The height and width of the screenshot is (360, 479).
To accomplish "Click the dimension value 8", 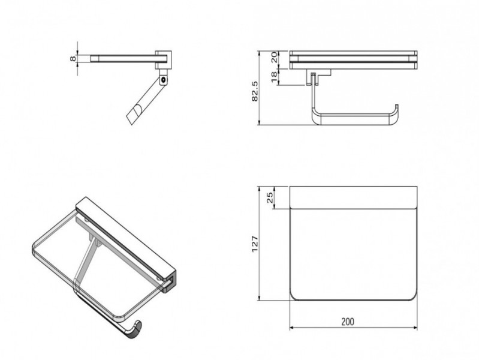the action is click(73, 58).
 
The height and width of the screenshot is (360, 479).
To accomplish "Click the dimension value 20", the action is click(274, 57).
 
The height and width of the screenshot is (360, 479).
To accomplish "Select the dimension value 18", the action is click(274, 77).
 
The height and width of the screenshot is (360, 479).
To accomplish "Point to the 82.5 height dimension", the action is click(254, 91).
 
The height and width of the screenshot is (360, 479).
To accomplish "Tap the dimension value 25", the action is click(270, 198).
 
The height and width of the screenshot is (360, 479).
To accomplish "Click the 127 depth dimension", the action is click(255, 244).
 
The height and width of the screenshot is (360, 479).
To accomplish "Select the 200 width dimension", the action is click(348, 322).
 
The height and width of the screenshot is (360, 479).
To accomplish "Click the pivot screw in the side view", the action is click(164, 80).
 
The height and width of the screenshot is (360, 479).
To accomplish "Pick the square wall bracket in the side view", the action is click(163, 60).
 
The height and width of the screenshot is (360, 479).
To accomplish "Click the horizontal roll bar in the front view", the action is click(354, 120).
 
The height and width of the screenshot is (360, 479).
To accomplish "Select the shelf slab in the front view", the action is click(353, 60).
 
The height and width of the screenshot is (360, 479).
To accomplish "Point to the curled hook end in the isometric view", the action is click(134, 329).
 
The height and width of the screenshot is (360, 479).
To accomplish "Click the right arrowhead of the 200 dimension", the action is click(415, 328).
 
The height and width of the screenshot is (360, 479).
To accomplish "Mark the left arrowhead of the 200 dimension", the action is click(292, 328).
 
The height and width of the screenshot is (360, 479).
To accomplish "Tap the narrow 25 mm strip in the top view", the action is click(353, 197).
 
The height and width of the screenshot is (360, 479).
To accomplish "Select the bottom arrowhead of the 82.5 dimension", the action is click(259, 122).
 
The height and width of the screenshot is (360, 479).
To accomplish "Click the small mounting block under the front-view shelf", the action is click(318, 76).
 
